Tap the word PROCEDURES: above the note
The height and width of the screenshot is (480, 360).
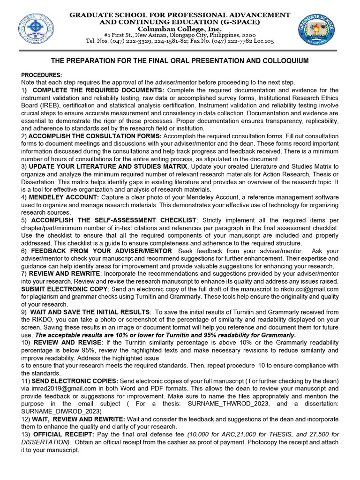tap(41, 75)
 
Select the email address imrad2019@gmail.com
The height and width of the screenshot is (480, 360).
tap(62, 389)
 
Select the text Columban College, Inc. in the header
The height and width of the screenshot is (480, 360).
tap(180, 29)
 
